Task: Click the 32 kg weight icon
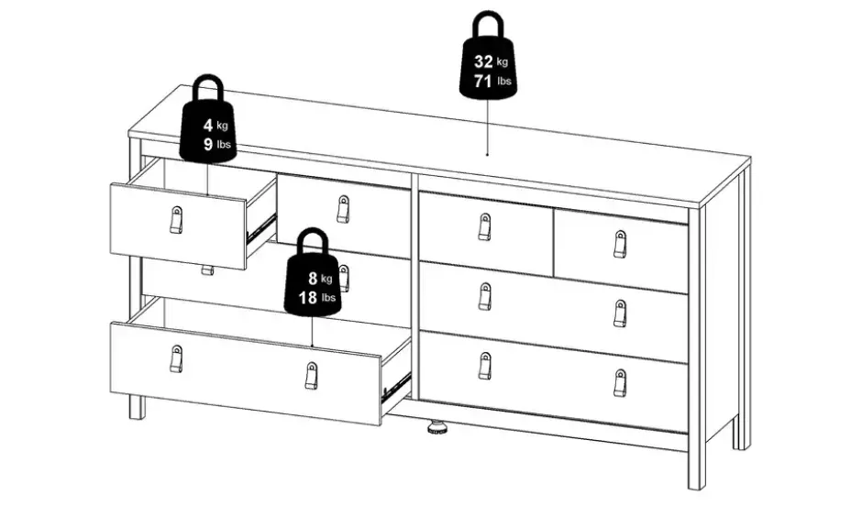(488, 60)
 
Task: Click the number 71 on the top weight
(482, 81)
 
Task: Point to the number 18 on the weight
(308, 297)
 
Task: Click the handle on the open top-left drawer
(176, 220)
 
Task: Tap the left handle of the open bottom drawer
(176, 358)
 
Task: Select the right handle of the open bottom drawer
(311, 376)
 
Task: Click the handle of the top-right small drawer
(620, 244)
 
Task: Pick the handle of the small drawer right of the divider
(484, 227)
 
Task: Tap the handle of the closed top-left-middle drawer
(343, 209)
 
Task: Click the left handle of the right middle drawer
(484, 296)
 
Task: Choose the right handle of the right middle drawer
(620, 313)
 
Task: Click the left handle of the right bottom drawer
(484, 366)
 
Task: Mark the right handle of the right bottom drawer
(620, 382)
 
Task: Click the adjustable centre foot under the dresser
(437, 427)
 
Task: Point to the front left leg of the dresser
(137, 407)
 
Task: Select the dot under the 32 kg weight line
(487, 154)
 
